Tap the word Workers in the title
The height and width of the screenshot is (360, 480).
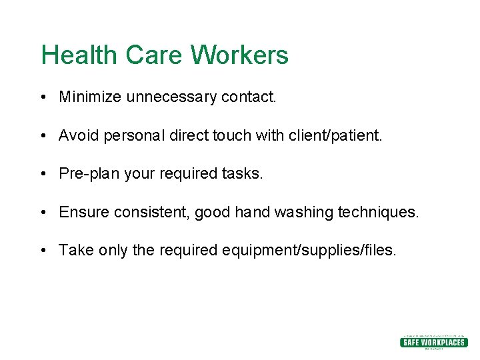click(239, 55)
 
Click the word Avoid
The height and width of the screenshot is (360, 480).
click(77, 136)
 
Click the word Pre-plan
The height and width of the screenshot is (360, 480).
click(85, 174)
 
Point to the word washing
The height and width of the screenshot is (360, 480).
click(303, 213)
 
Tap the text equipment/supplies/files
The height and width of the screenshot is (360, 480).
click(309, 251)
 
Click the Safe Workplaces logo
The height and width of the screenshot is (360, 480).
click(433, 341)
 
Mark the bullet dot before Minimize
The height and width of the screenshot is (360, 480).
click(43, 98)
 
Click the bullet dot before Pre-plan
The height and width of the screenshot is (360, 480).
click(43, 175)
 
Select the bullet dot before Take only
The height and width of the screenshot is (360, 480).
click(43, 251)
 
